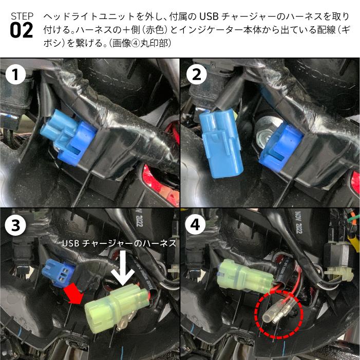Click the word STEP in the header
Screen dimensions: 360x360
(21, 15)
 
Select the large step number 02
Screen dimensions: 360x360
(22, 31)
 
